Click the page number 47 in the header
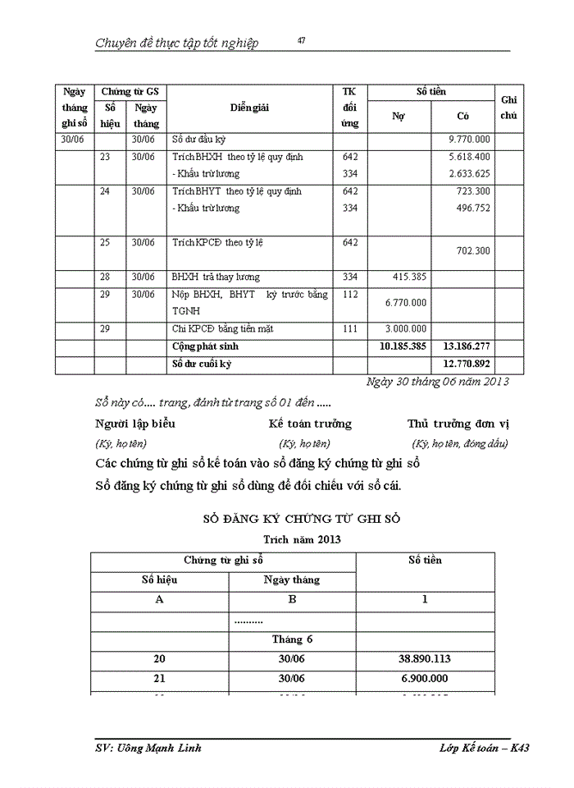tap(302, 41)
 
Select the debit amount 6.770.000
tap(405, 303)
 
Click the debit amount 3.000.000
tap(405, 329)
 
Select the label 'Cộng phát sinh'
tap(206, 347)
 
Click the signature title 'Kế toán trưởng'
tap(310, 424)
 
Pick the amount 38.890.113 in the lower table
tap(425, 658)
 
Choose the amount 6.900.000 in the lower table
tap(425, 679)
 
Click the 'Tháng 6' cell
tap(292, 639)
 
